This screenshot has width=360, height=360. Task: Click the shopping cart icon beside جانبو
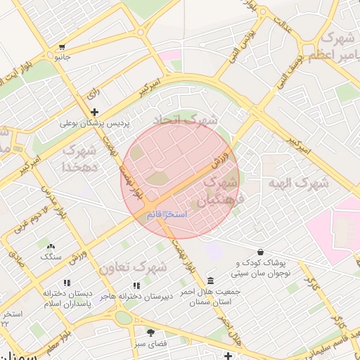(63, 47)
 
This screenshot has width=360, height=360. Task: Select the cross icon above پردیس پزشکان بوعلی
(94, 112)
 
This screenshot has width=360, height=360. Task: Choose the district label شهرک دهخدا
(79, 158)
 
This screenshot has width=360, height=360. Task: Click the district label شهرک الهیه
(297, 184)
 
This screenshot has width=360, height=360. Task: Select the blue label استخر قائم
(167, 214)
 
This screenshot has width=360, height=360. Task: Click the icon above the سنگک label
(50, 246)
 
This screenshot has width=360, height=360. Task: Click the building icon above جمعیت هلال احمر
(211, 281)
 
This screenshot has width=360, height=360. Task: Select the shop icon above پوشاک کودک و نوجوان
(261, 251)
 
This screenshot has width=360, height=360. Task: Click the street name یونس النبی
(245, 47)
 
